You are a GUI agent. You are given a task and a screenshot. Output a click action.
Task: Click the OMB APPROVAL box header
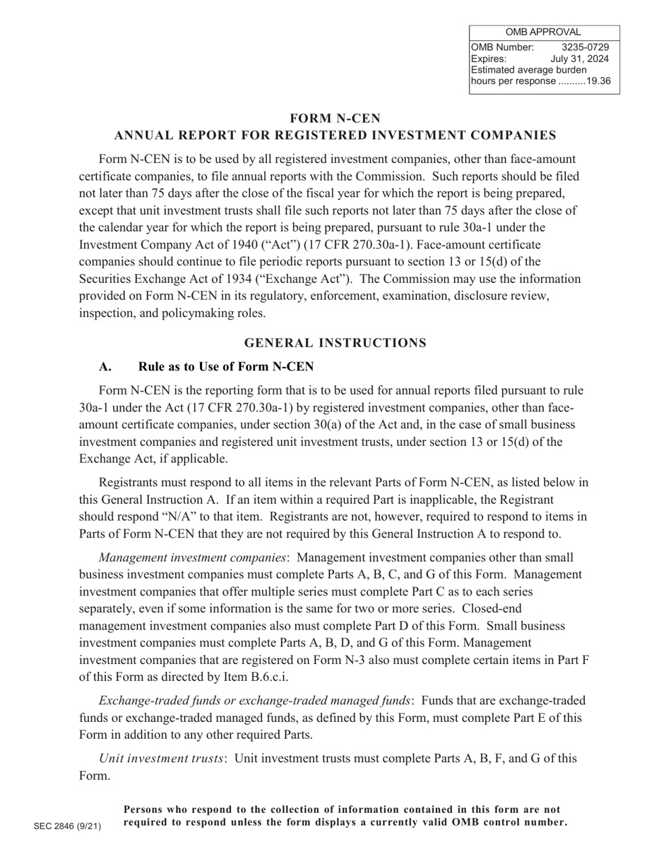544,32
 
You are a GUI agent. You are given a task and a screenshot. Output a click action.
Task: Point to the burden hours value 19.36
598,81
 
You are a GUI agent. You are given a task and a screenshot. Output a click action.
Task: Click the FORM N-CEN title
335,118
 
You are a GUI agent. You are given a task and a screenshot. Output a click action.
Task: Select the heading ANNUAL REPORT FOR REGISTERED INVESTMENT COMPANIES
335,135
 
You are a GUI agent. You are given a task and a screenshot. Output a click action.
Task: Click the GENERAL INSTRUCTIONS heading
335,343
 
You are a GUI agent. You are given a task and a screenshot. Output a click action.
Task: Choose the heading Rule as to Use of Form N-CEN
226,367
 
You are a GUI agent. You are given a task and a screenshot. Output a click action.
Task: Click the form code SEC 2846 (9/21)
67,826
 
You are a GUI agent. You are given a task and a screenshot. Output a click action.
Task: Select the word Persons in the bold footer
148,809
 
